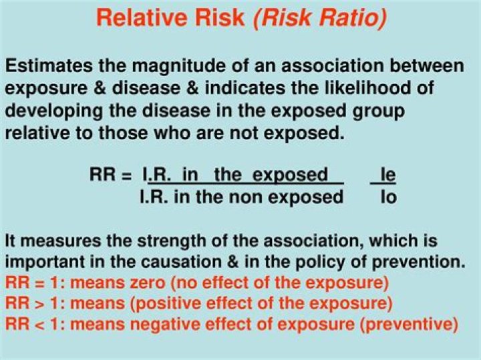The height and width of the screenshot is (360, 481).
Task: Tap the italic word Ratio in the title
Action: tap(351, 17)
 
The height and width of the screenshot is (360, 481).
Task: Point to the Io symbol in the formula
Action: tap(388, 197)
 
